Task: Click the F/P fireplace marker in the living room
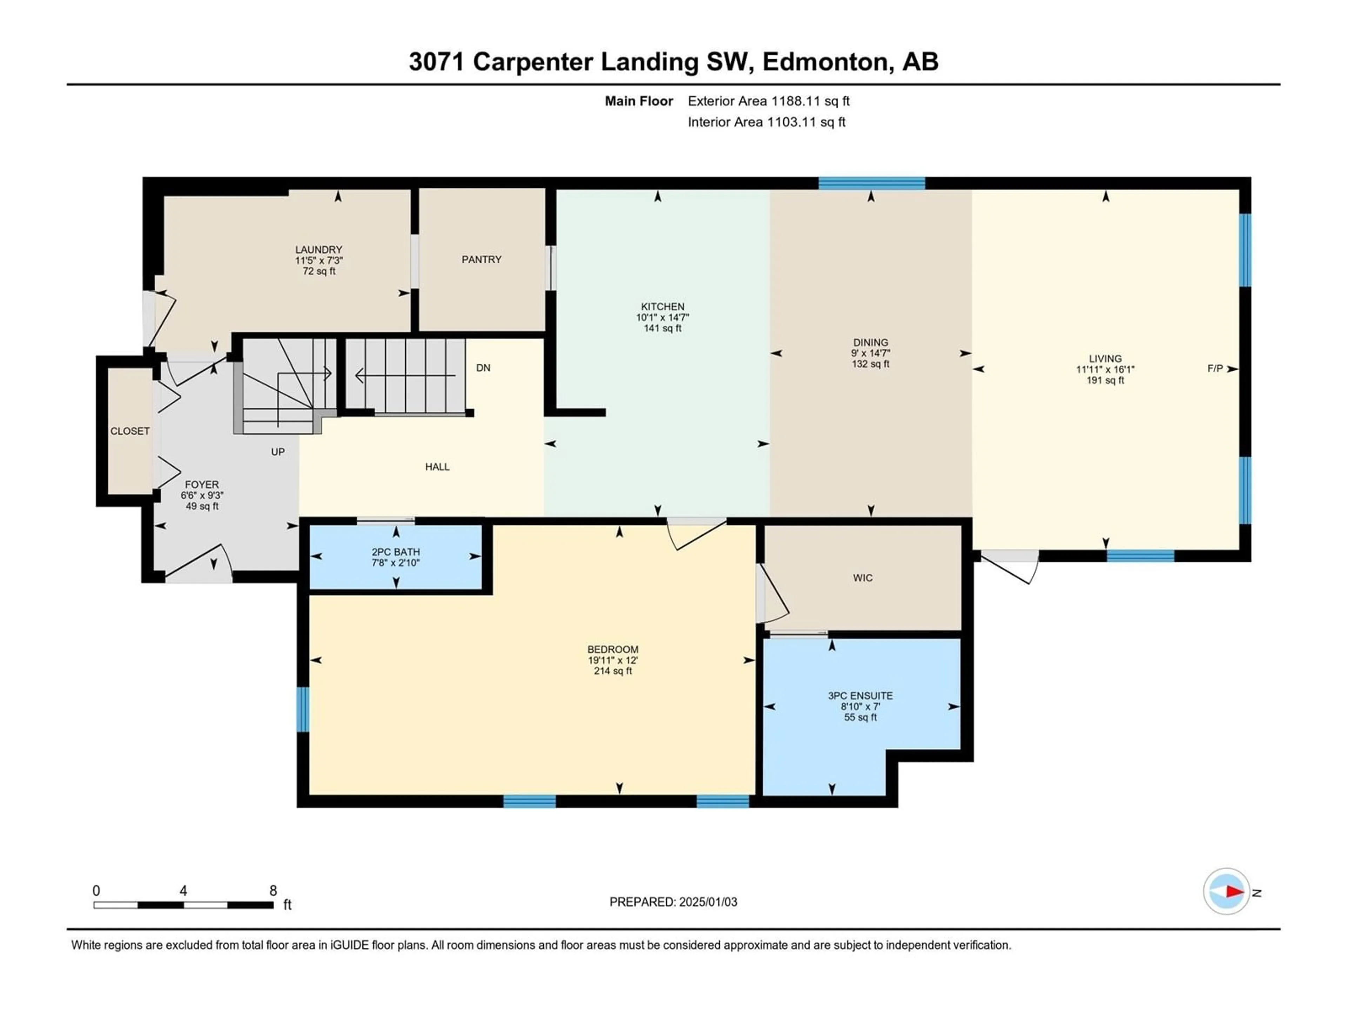(1215, 369)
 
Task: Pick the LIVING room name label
(1105, 359)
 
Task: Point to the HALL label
(437, 467)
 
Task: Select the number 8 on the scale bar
(273, 890)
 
